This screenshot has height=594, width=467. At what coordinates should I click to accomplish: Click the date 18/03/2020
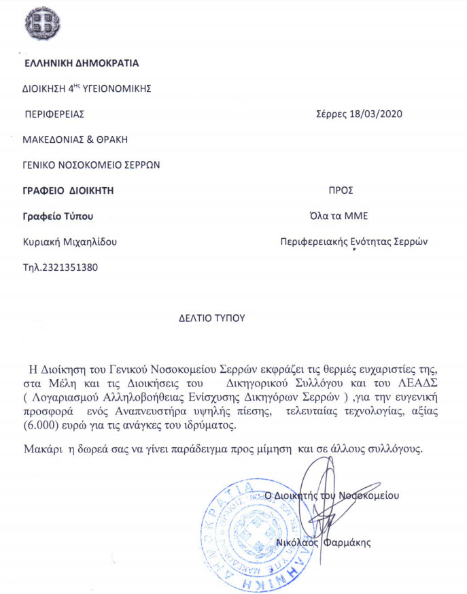click(x=377, y=114)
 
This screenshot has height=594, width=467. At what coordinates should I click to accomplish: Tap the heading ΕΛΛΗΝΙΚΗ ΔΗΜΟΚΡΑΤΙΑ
click(x=81, y=63)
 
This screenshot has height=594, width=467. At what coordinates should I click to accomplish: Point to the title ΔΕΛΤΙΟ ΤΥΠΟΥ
click(x=211, y=317)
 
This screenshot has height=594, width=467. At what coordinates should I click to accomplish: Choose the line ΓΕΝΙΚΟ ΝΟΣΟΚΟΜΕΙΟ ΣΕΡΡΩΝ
click(x=92, y=165)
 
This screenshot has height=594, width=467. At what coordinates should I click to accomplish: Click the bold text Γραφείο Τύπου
click(x=57, y=216)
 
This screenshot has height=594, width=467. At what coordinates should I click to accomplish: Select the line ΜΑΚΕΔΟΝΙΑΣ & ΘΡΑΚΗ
click(x=75, y=139)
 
